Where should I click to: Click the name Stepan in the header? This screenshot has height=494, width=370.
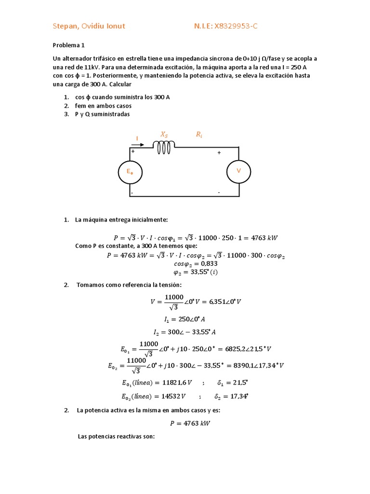tap(66, 26)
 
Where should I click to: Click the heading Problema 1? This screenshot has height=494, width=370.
tap(68, 45)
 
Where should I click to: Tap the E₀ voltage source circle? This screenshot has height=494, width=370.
tap(130, 171)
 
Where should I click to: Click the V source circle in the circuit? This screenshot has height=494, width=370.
tap(238, 171)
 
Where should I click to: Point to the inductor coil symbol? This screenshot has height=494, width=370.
tap(164, 147)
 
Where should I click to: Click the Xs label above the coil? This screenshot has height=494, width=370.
tap(164, 135)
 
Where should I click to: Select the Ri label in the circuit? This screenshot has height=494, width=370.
tap(199, 135)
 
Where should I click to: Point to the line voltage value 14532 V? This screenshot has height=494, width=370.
tap(180, 397)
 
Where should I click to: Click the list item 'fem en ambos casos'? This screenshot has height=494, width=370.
tap(103, 106)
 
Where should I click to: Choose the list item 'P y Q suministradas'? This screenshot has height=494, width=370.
tap(102, 114)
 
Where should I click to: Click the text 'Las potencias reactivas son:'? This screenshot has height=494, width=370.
tap(116, 437)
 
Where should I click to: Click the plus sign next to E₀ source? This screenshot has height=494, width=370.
tap(133, 151)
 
